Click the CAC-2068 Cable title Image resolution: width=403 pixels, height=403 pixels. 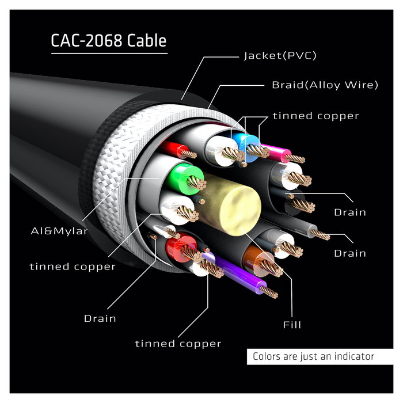click(x=109, y=41)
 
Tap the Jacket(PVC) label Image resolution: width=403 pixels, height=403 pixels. click(x=280, y=56)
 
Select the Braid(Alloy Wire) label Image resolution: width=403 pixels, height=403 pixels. click(x=325, y=85)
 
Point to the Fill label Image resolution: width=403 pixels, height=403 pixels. click(x=292, y=325)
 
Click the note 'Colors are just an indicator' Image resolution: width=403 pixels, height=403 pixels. click(x=313, y=356)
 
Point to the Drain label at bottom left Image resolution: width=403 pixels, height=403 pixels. click(x=100, y=318)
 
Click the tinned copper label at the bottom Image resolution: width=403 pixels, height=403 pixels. click(x=178, y=344)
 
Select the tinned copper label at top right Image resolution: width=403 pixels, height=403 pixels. click(x=315, y=116)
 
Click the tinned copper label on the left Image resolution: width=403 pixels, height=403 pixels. click(x=73, y=267)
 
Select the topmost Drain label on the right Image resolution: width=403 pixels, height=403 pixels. click(x=349, y=212)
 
